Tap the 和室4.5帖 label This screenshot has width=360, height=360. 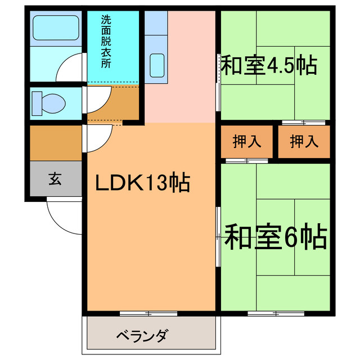coord(268,65)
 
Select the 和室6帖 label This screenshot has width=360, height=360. coord(276,237)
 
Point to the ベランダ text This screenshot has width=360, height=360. coord(142,336)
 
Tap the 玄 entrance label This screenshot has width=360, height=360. coord(55,179)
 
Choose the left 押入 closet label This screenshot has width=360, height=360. coord(247,141)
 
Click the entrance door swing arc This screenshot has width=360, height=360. coord(63,217)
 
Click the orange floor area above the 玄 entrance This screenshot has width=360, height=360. coord(55,143)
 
